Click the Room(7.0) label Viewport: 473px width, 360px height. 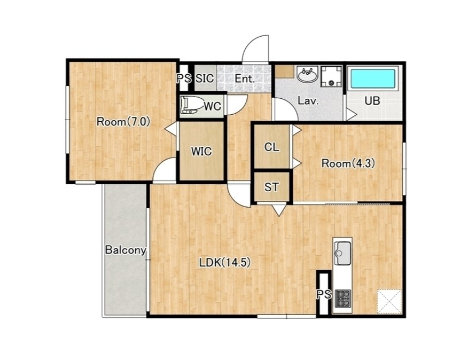pos(123,122)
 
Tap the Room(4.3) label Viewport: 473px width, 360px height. pos(348,163)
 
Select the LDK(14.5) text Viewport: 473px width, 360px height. pos(225,263)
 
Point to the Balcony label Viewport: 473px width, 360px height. pos(126,250)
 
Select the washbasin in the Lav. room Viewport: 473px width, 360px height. pos(307,74)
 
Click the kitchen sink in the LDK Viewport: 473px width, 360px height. pos(342,253)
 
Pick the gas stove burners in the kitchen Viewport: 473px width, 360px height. pos(343,298)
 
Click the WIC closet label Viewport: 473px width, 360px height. pos(201,151)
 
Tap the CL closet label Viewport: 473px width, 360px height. pos(271,147)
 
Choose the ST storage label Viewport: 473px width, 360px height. pos(271,187)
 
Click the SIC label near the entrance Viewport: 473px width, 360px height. pos(204,79)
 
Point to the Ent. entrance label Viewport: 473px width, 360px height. pos(245,79)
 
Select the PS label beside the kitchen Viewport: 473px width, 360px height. pos(324,294)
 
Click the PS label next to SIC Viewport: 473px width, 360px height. pos(184,79)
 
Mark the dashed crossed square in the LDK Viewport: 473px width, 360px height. pos(389,302)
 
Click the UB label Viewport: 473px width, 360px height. pos(373,101)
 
